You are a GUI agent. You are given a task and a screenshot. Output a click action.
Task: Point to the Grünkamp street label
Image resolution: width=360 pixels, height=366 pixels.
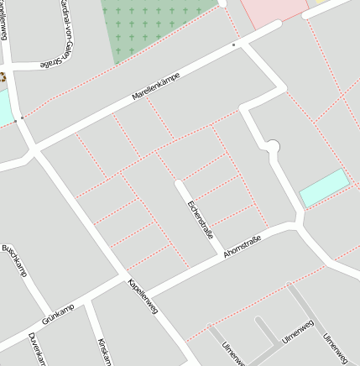[x=58, y=315]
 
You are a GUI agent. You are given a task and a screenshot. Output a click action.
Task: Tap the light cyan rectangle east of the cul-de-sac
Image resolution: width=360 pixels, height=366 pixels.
[x=324, y=187]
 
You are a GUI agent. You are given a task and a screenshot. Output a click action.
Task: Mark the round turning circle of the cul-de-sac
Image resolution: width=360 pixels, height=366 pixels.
[x=270, y=147]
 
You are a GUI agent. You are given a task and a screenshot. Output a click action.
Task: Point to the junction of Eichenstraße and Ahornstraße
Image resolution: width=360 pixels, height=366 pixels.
[x=221, y=255]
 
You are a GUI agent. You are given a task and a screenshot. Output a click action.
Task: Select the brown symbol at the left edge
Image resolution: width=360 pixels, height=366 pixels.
[x=3, y=77]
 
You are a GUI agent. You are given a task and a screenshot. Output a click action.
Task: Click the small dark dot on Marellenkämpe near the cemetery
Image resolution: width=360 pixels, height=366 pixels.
[x=233, y=44]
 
